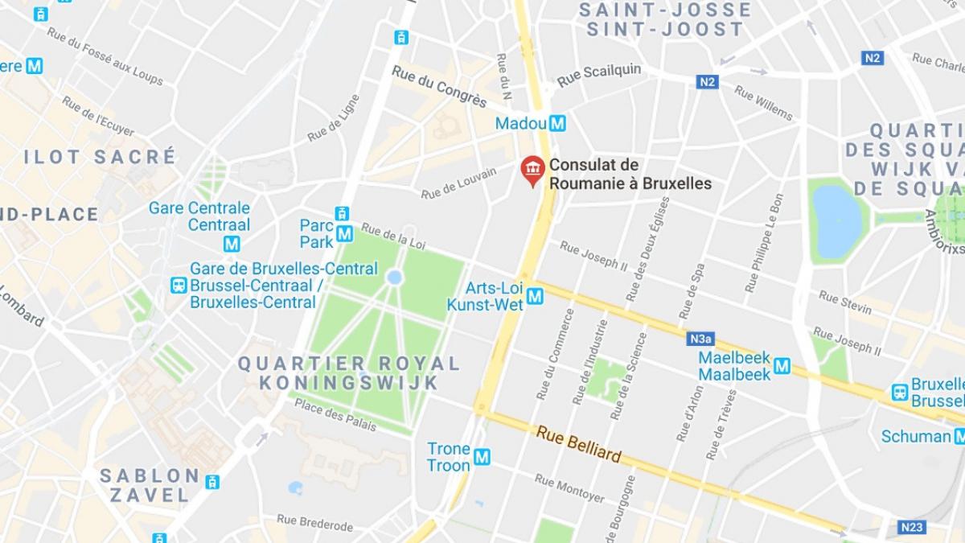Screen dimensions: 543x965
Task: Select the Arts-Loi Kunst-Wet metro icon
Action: pyautogui.click(x=535, y=297)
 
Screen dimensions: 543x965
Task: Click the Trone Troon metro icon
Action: pyautogui.click(x=482, y=457)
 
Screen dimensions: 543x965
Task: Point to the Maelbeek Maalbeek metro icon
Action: pyautogui.click(x=782, y=366)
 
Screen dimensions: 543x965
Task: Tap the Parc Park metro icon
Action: pyautogui.click(x=345, y=233)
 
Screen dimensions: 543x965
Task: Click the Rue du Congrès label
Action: pyautogui.click(x=439, y=86)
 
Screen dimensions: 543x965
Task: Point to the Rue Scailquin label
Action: pyautogui.click(x=599, y=74)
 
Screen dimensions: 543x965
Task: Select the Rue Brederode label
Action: pyautogui.click(x=314, y=523)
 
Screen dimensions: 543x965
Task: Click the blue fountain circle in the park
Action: pyautogui.click(x=394, y=278)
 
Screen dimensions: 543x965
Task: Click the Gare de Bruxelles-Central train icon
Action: pyautogui.click(x=179, y=285)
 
